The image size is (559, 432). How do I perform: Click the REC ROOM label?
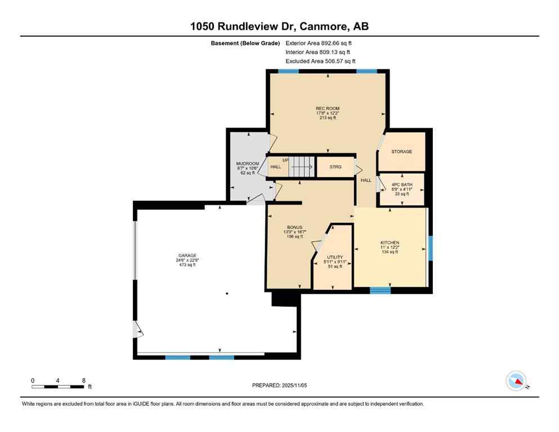tap(328, 108)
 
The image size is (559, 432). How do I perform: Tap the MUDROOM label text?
tap(247, 163)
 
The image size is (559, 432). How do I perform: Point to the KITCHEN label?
tap(390, 242)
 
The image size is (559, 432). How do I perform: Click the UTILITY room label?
tap(335, 257)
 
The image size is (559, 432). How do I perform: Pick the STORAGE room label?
tap(402, 152)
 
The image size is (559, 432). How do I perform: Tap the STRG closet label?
tap(336, 166)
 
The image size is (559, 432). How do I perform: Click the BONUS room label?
tap(295, 227)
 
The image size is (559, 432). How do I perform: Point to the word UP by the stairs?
tap(285, 160)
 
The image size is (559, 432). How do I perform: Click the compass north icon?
tap(516, 381)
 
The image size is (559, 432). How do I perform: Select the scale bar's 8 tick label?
tap(83, 380)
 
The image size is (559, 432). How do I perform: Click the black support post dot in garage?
tap(227, 294)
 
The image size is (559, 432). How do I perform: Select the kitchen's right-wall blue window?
tap(431, 248)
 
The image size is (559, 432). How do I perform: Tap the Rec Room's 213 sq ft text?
tap(328, 118)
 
